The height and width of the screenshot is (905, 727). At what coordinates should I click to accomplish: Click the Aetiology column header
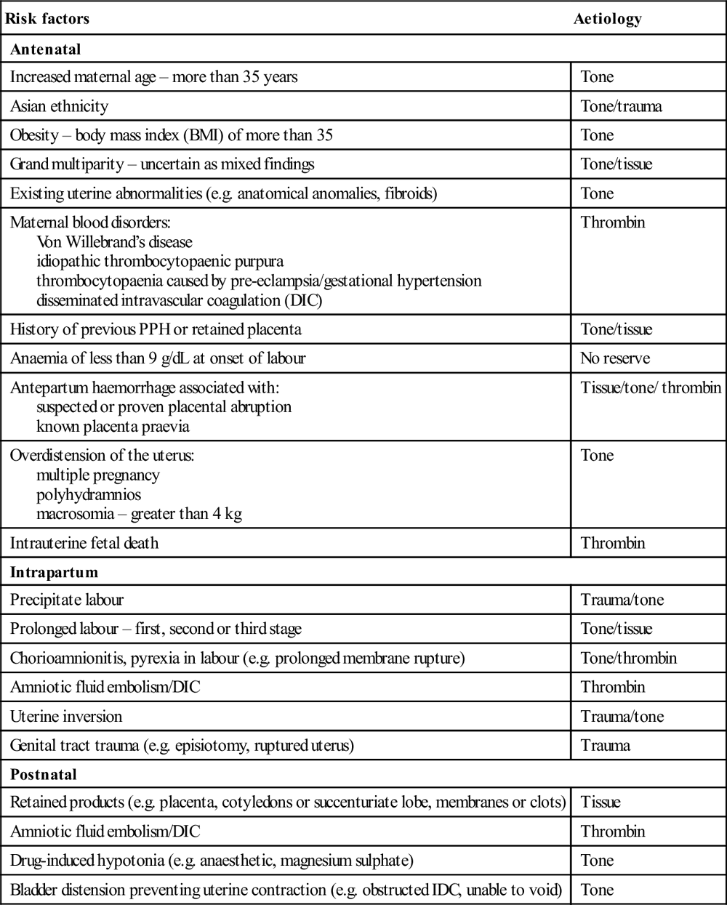[x=607, y=19]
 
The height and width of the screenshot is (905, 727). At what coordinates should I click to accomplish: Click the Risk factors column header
[x=47, y=19]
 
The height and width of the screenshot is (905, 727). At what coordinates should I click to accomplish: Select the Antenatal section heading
[x=45, y=50]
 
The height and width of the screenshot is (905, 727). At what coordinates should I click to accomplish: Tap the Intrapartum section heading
[x=54, y=572]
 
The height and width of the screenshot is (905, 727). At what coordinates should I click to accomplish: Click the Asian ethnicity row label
[x=59, y=106]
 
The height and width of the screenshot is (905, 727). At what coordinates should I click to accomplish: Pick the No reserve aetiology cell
[x=615, y=358]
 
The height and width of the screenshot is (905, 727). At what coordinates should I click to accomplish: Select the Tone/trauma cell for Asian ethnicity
[x=622, y=106]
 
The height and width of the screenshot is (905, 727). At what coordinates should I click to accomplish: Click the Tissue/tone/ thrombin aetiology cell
[x=651, y=387]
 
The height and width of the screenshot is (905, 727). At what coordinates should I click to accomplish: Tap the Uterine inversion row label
[x=66, y=716]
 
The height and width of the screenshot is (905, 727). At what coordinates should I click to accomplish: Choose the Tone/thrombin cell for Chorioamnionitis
[x=629, y=658]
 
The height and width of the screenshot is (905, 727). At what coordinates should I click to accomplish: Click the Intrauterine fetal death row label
[x=84, y=543]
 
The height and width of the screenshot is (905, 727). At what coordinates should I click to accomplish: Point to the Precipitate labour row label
[x=67, y=600]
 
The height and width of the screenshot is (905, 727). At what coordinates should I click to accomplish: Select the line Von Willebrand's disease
[x=114, y=242]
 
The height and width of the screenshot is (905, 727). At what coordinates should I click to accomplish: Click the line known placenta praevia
[x=113, y=426]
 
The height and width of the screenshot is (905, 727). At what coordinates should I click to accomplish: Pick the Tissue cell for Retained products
[x=601, y=803]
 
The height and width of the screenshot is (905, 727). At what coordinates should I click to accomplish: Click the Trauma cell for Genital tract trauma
[x=606, y=745]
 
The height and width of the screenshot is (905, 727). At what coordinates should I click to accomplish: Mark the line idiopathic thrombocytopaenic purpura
[x=160, y=261]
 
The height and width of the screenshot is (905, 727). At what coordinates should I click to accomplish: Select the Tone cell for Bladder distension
[x=598, y=890]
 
